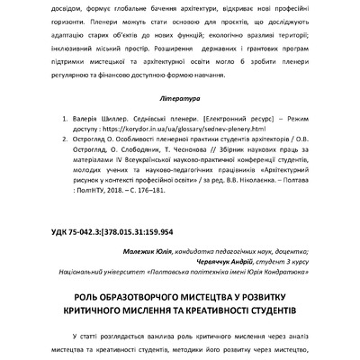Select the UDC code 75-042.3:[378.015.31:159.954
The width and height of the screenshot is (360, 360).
click(x=121, y=230)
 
